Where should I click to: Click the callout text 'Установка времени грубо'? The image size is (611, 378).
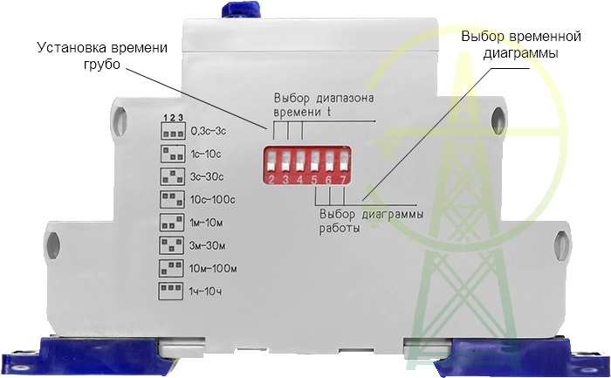tap(101, 56)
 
